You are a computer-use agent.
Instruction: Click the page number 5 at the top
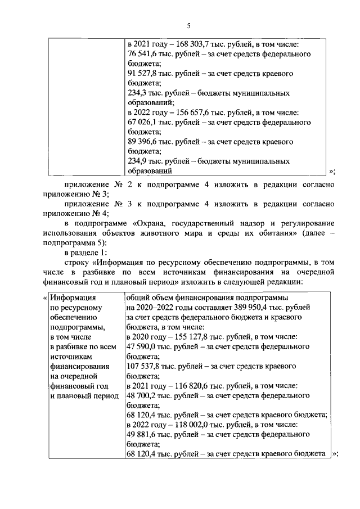[x=189, y=25]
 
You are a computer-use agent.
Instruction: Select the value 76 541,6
[x=145, y=54]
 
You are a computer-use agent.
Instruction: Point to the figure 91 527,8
[x=145, y=74]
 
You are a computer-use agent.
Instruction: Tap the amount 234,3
[x=138, y=93]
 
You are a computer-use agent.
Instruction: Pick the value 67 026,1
[x=145, y=122]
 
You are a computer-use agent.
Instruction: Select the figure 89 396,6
[x=145, y=142]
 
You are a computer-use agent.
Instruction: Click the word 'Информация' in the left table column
[x=72, y=298]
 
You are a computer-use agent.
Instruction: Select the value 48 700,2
[x=144, y=395]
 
